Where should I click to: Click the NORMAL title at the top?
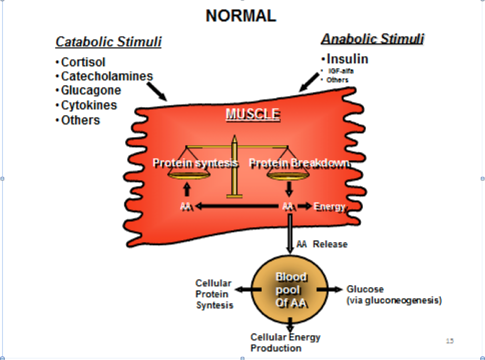point(241,16)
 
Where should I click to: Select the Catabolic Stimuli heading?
point(108,42)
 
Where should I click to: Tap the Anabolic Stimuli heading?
point(372,39)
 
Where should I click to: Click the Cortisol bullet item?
point(83,62)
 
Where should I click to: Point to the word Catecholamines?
point(107,76)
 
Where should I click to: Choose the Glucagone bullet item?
point(91,91)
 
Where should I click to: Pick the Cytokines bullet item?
point(89,105)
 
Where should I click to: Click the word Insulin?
point(348,59)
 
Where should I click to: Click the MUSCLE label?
point(253,114)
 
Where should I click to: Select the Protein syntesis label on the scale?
point(195,163)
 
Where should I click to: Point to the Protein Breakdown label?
point(299,164)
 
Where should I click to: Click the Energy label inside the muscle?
point(329,207)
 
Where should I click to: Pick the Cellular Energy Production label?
point(285,343)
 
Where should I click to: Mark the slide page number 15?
point(450,341)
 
